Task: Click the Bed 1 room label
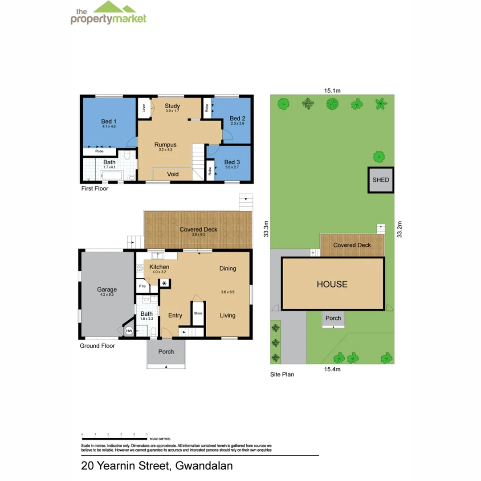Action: click(109, 122)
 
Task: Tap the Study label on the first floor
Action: click(172, 106)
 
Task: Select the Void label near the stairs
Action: click(173, 174)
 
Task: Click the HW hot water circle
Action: click(129, 331)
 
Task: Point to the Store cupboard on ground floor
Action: click(198, 314)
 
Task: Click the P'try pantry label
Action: click(143, 286)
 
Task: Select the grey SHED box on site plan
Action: click(381, 180)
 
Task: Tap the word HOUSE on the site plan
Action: click(332, 284)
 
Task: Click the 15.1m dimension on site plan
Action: click(332, 90)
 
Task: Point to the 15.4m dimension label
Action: click(332, 369)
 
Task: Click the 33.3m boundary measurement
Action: click(266, 229)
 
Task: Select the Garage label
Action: click(107, 289)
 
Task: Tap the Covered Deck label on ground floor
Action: click(198, 229)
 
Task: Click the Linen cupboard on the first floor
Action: click(144, 108)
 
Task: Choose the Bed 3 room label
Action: click(232, 162)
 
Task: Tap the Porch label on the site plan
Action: click(333, 318)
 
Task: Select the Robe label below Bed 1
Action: click(99, 151)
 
